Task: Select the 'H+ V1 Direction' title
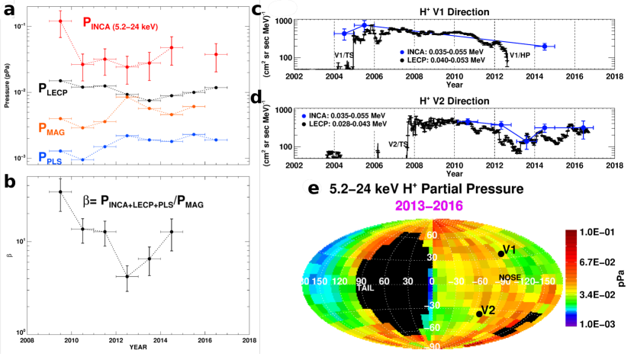452,11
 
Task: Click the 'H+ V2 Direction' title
452,98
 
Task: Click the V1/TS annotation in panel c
344,56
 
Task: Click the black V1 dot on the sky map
501,253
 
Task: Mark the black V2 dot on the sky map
479,313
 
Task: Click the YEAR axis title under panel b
138,348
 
